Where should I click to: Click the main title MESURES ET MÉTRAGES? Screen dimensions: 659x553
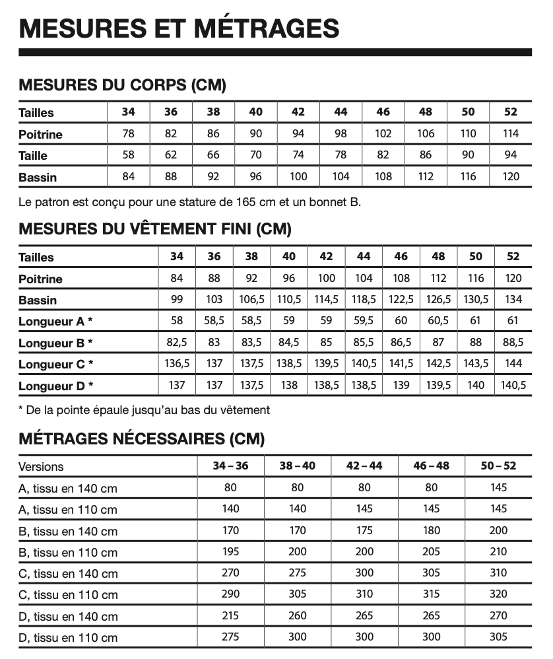click(179, 28)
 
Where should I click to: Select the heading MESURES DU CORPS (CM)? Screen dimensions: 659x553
click(122, 85)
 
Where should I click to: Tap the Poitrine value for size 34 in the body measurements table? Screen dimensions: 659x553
click(129, 133)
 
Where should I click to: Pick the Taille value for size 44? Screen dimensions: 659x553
click(341, 155)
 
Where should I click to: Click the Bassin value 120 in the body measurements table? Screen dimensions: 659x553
click(511, 176)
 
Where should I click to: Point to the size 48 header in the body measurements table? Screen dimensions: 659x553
click(426, 112)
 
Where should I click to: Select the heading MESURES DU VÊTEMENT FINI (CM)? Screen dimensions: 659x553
click(155, 229)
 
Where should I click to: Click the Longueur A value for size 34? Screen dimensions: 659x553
click(177, 321)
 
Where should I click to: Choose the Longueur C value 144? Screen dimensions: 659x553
click(513, 363)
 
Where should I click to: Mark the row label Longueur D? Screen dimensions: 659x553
click(55, 386)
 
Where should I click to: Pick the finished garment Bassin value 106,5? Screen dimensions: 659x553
click(251, 299)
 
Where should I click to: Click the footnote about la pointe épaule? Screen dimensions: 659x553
click(145, 410)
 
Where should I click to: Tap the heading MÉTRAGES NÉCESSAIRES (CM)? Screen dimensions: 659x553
click(141, 438)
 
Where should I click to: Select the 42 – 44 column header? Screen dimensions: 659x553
click(364, 466)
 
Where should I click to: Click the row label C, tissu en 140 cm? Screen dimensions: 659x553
click(68, 573)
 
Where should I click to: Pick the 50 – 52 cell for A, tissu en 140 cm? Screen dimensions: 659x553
click(498, 487)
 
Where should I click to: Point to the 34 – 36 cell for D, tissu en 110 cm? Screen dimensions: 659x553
click(230, 637)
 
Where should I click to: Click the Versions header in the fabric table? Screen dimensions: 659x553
click(41, 466)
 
